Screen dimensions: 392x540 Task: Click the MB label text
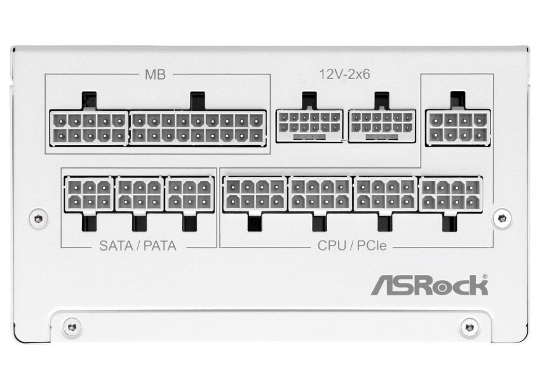156,74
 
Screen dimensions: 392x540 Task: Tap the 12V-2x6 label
344,74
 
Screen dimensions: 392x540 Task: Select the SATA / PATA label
138,246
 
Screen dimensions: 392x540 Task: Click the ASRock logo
429,285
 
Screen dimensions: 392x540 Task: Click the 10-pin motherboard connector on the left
89,127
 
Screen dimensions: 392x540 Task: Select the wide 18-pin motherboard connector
197,127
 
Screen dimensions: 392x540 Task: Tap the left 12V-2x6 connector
309,125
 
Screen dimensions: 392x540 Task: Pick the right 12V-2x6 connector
382,125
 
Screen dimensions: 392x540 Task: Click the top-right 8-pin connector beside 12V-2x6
457,127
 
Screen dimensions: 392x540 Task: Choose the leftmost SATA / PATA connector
89,194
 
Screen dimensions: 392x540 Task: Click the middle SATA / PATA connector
139,194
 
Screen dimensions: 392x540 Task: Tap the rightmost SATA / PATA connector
189,194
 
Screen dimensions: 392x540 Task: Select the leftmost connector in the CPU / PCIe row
255,194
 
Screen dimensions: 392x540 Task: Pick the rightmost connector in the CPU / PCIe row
450,194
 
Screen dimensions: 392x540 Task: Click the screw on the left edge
38,217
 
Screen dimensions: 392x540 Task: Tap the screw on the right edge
502,217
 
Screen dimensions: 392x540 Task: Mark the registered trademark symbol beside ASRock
485,277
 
